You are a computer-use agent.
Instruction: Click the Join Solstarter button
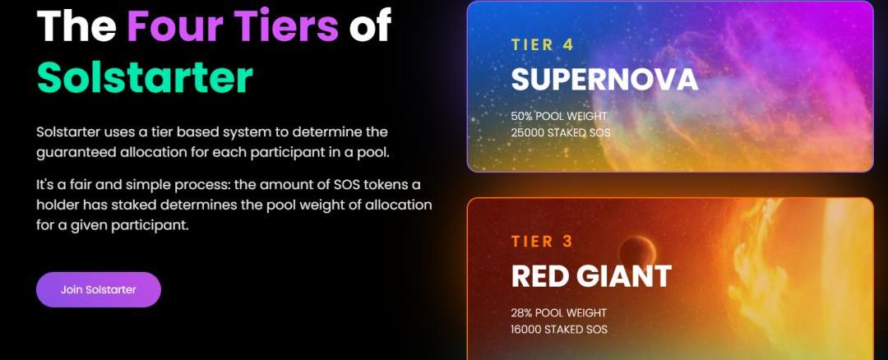point(99,290)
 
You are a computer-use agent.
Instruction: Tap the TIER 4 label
point(543,45)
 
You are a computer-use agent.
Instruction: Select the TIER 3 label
point(542,242)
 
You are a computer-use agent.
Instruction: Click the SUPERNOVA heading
point(604,80)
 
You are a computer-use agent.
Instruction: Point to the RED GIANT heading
point(591,276)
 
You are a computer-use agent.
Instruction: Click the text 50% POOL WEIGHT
point(559,117)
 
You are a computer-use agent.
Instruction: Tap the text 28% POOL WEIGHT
point(559,313)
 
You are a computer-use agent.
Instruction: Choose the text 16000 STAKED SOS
point(560,330)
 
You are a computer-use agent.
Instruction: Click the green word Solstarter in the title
point(145,77)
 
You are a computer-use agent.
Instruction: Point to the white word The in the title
point(77,26)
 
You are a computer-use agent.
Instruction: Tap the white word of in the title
point(370,26)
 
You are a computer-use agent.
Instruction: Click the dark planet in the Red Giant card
point(637,254)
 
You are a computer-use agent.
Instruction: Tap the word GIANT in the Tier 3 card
point(624,276)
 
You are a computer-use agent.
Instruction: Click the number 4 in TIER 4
point(569,45)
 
